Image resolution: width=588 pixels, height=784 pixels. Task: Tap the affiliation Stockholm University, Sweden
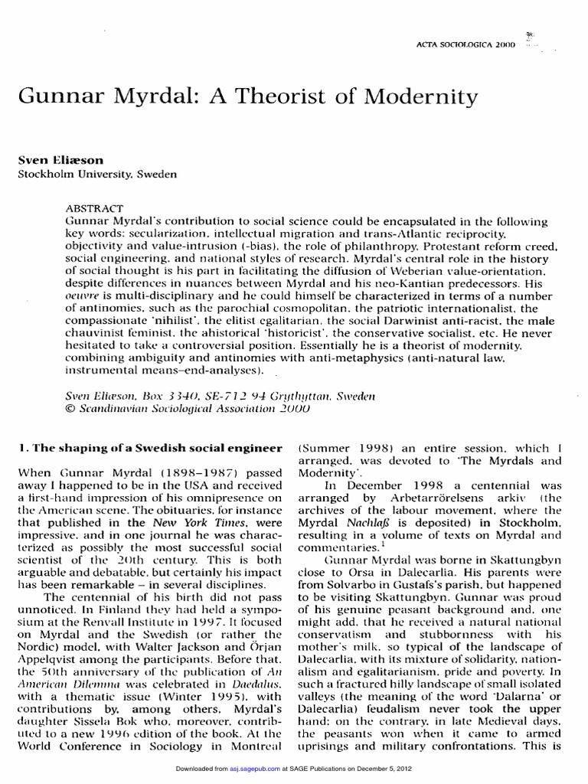coord(97,175)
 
